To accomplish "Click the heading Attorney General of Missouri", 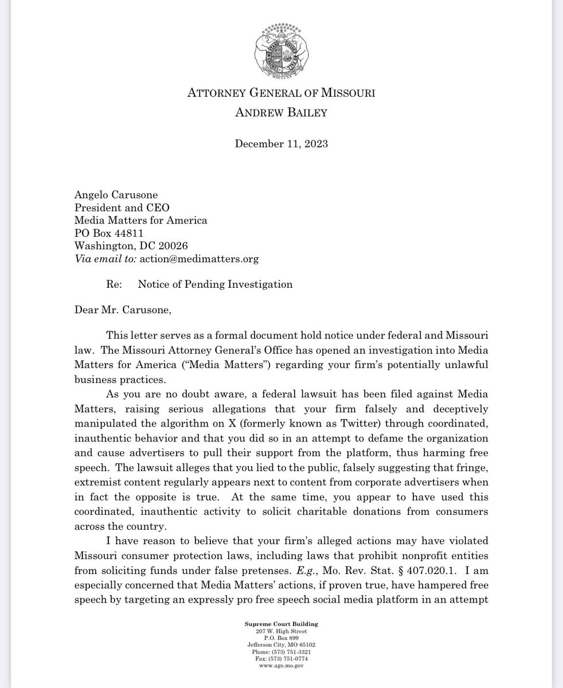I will pyautogui.click(x=281, y=93).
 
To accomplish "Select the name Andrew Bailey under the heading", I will pyautogui.click(x=281, y=113).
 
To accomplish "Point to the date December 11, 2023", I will pyautogui.click(x=281, y=144).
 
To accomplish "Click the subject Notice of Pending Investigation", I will pyautogui.click(x=216, y=284).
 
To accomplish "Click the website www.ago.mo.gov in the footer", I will pyautogui.click(x=281, y=666).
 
